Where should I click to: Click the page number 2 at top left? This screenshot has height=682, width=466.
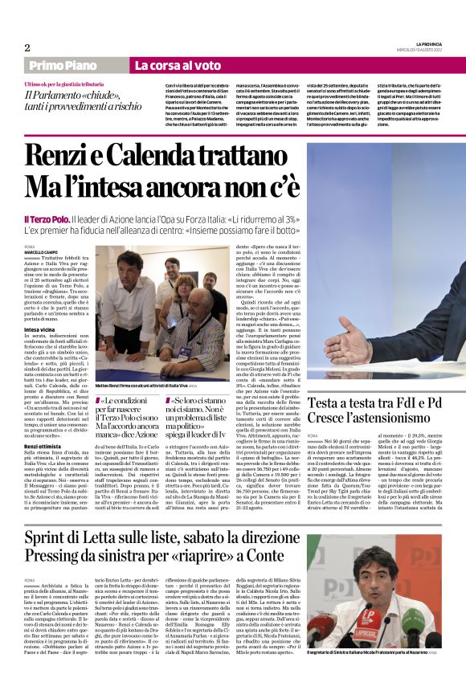click(27, 47)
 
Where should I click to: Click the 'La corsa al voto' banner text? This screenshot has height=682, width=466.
click(178, 65)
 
